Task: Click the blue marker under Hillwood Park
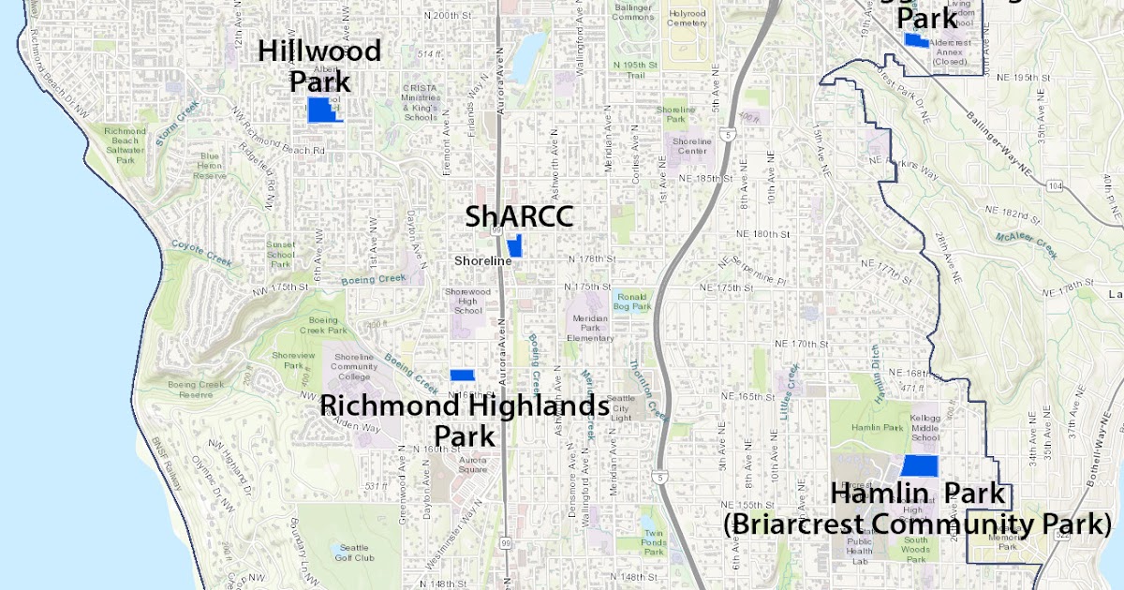[323, 111]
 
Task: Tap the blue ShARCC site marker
[514, 247]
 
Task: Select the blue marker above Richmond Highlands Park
[462, 375]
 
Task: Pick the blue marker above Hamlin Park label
[919, 465]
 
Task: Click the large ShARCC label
[519, 217]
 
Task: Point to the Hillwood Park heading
[319, 65]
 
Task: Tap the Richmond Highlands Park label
[465, 420]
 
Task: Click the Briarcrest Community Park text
[917, 524]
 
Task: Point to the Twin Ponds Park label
[653, 541]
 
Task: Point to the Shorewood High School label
[467, 301]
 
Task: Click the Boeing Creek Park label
[324, 325]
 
